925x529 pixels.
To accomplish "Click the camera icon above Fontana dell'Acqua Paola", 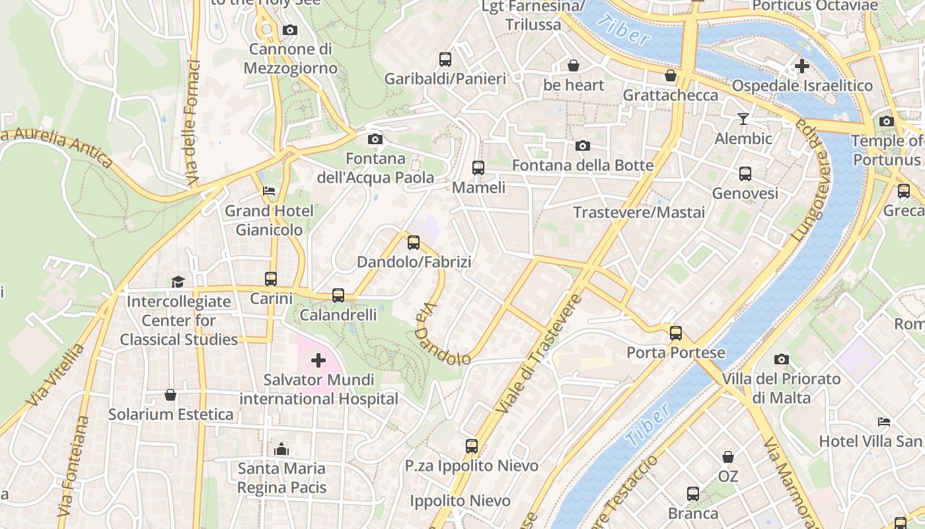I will pyautogui.click(x=375, y=139).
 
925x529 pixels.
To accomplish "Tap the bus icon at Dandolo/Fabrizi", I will pyautogui.click(x=414, y=243).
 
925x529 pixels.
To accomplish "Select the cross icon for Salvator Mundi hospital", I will pyautogui.click(x=318, y=360).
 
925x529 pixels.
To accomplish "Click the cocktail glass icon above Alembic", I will pyautogui.click(x=743, y=119).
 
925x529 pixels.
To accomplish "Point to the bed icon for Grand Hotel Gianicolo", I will pyautogui.click(x=269, y=191).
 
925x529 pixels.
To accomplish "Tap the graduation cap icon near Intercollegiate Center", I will pyautogui.click(x=178, y=282).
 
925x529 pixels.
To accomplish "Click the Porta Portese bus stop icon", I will pyautogui.click(x=675, y=333).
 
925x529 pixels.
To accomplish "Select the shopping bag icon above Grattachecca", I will pyautogui.click(x=671, y=75).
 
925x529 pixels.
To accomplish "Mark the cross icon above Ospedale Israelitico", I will pyautogui.click(x=802, y=66).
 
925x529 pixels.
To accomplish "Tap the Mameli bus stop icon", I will pyautogui.click(x=478, y=168).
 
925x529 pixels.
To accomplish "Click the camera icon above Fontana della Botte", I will pyautogui.click(x=582, y=145).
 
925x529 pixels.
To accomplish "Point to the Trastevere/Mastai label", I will pyautogui.click(x=639, y=212).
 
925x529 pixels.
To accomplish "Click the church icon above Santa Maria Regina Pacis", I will pyautogui.click(x=281, y=449).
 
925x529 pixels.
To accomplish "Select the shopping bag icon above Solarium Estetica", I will pyautogui.click(x=170, y=395).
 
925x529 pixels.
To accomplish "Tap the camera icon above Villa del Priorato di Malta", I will pyautogui.click(x=782, y=359).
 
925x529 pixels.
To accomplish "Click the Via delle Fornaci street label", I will pyautogui.click(x=193, y=122).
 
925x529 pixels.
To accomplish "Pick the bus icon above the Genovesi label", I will pyautogui.click(x=745, y=174).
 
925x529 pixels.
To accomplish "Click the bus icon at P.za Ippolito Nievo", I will pyautogui.click(x=471, y=446).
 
